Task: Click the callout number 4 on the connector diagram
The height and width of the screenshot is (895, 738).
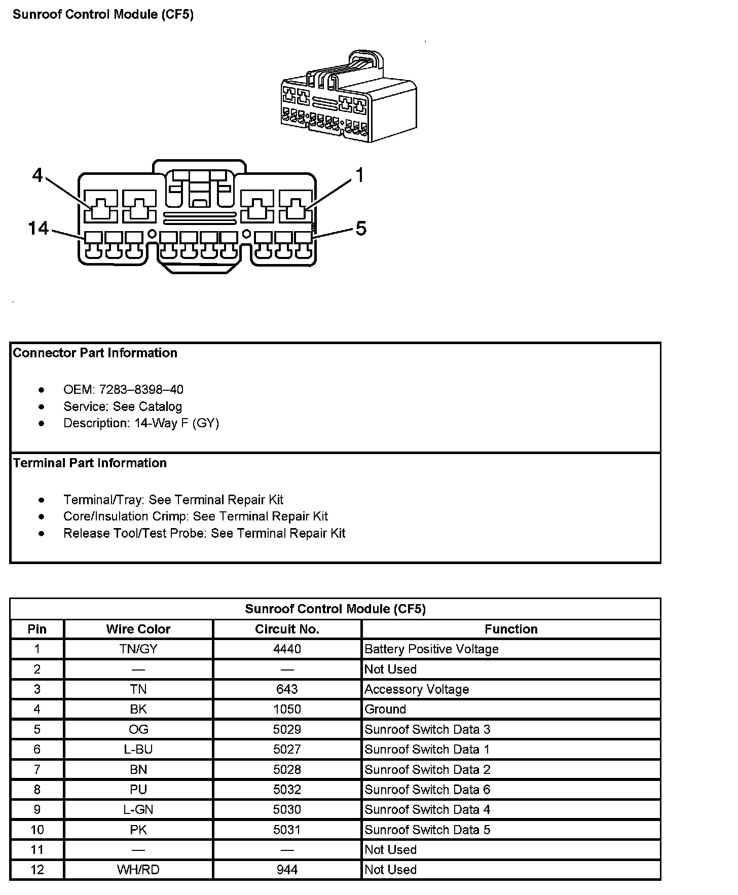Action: [x=38, y=175]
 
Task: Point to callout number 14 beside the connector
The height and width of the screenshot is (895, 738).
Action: [x=39, y=228]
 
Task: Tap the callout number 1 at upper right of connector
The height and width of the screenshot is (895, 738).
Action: [x=359, y=175]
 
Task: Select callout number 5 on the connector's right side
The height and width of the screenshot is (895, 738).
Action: [x=360, y=229]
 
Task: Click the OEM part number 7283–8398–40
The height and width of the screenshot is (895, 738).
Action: [x=141, y=390]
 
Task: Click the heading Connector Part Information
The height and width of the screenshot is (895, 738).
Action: [x=95, y=353]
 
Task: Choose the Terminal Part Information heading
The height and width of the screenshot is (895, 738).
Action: [x=90, y=463]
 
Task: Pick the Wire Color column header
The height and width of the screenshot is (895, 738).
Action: [x=138, y=629]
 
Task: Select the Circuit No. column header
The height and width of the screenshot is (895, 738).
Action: [x=287, y=629]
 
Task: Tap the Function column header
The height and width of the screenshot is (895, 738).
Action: [x=511, y=629]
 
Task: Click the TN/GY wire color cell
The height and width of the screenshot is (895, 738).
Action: [x=138, y=649]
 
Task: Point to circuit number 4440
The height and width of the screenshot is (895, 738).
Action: [x=287, y=649]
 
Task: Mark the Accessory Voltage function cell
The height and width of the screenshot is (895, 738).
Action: [x=417, y=689]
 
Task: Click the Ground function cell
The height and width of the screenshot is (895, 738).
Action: [x=385, y=709]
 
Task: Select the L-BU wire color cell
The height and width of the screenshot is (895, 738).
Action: [x=138, y=749]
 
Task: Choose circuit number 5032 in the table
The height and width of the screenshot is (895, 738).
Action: [x=287, y=790]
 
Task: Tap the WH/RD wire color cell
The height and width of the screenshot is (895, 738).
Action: [x=138, y=870]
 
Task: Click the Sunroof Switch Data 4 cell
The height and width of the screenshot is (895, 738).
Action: [x=427, y=809]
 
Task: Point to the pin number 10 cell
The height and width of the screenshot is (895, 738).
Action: [x=37, y=830]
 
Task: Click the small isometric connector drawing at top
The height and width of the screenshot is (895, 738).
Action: [x=349, y=99]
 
